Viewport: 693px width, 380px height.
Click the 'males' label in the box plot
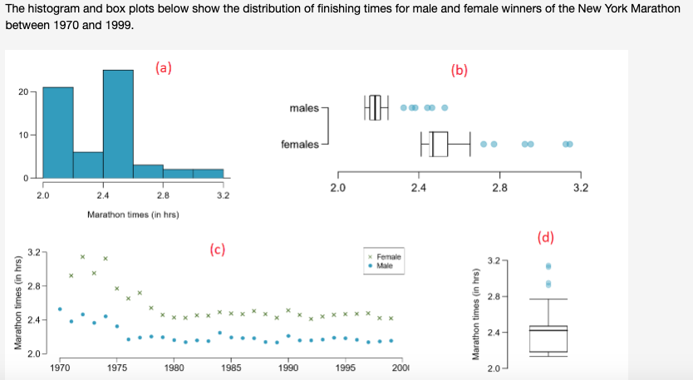tap(303, 108)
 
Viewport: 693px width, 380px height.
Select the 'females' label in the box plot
tap(299, 145)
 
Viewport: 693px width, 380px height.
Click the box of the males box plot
tap(375, 108)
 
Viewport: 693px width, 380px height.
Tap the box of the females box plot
tap(439, 144)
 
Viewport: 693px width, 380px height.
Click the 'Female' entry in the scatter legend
tap(388, 257)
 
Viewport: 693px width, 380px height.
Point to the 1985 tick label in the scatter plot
tap(230, 367)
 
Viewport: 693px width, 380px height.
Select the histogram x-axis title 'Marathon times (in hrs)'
tap(133, 215)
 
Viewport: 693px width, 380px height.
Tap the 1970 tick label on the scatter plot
tap(60, 367)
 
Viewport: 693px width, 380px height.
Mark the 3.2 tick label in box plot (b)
tap(580, 189)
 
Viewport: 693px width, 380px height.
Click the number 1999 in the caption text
tap(116, 24)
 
